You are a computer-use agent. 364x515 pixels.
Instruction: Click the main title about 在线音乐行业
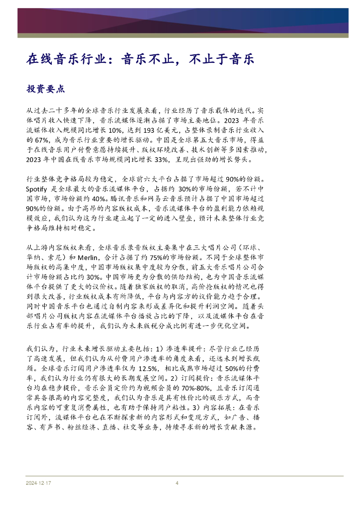click(140, 60)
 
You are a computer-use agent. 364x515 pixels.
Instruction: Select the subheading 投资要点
click(45, 89)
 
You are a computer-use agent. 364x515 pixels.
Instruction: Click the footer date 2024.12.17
click(39, 483)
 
